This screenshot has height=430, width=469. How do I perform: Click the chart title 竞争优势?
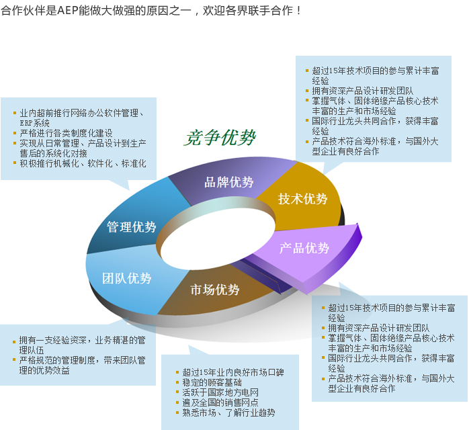[x=220, y=138]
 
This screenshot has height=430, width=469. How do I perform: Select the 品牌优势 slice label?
[x=229, y=182]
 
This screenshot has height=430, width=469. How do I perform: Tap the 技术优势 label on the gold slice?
[x=302, y=199]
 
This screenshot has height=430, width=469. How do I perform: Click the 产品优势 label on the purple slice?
[x=304, y=248]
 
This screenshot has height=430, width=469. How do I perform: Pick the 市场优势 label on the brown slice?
[x=215, y=290]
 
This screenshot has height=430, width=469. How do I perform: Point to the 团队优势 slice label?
[x=126, y=278]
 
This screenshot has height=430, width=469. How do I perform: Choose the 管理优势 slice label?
[x=132, y=227]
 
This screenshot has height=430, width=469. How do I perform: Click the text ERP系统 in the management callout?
[x=35, y=123]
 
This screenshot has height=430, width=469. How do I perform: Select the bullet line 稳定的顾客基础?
[x=212, y=382]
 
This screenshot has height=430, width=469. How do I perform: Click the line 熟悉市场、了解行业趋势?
[x=229, y=413]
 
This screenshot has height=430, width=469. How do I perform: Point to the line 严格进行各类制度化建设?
[x=66, y=133]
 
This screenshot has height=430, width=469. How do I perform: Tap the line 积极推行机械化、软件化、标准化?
[x=83, y=163]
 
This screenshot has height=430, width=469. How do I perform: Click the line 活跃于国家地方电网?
[x=220, y=392]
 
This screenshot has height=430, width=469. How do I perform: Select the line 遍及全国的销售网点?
[x=220, y=402]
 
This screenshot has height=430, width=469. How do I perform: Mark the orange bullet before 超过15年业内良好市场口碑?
[x=177, y=373]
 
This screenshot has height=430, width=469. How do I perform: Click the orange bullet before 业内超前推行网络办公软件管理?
[x=15, y=113]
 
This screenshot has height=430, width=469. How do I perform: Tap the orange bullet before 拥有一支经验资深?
[x=14, y=341]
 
